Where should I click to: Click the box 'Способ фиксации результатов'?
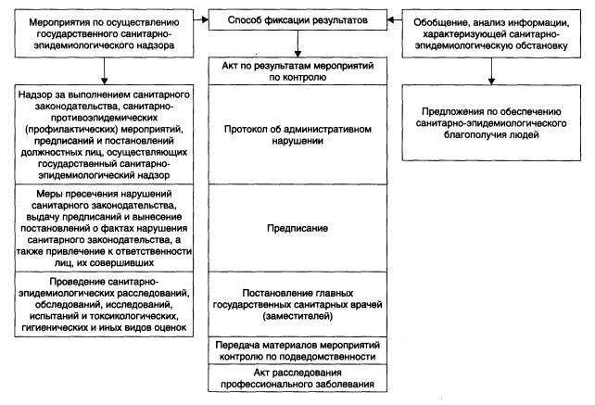click(297, 19)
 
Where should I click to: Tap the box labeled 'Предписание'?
click(297, 225)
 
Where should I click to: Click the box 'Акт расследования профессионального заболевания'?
click(297, 378)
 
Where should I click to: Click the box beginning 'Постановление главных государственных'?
click(297, 302)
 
